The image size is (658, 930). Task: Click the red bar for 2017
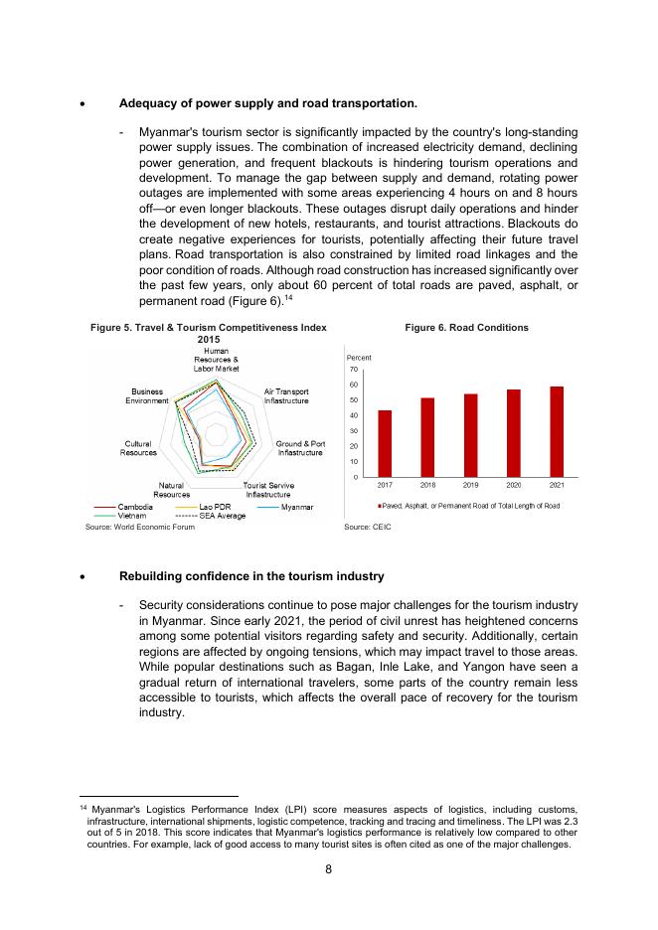(x=385, y=444)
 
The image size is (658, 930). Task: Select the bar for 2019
(x=470, y=436)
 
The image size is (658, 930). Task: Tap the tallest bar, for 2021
(x=557, y=432)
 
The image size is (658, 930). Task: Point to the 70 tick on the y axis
(x=354, y=370)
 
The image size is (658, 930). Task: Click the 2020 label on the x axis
(x=514, y=486)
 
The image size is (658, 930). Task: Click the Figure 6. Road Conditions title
(x=466, y=328)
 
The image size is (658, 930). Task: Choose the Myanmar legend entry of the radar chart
(x=297, y=508)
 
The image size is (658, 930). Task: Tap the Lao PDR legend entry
(x=216, y=508)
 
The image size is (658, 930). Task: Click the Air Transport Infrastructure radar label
(x=285, y=396)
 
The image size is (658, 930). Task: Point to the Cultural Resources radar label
(x=138, y=448)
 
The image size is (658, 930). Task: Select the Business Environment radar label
(x=147, y=396)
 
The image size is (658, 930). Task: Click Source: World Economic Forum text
(x=139, y=527)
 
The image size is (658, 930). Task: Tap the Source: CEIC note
(x=368, y=527)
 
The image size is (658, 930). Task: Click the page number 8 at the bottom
(x=329, y=869)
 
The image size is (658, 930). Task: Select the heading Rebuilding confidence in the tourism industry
(x=251, y=576)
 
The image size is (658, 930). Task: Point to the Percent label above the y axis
(x=359, y=357)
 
